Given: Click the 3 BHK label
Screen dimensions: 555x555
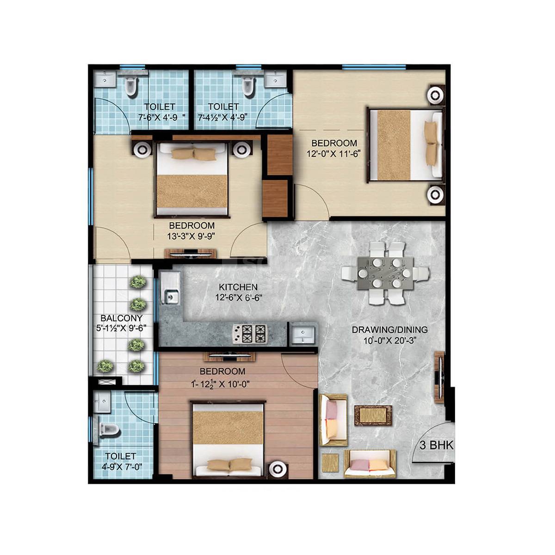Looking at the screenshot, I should point(436,445).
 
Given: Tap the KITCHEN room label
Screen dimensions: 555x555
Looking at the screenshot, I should point(238,287).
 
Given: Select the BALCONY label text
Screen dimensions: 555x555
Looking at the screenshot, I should point(121,318).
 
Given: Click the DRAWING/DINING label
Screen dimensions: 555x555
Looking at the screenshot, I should point(389,330).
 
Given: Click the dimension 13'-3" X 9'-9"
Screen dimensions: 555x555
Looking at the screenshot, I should point(191,236).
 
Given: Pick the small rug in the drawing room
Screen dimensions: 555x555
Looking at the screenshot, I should point(373,415).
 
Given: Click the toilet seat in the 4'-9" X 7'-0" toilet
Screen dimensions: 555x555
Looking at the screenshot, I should point(109,430).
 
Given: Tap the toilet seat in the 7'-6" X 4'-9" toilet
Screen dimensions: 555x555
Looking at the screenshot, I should point(131,86).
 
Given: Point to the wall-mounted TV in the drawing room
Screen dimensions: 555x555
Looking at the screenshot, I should point(439,374).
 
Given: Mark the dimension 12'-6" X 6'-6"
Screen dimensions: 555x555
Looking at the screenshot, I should point(238,298).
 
